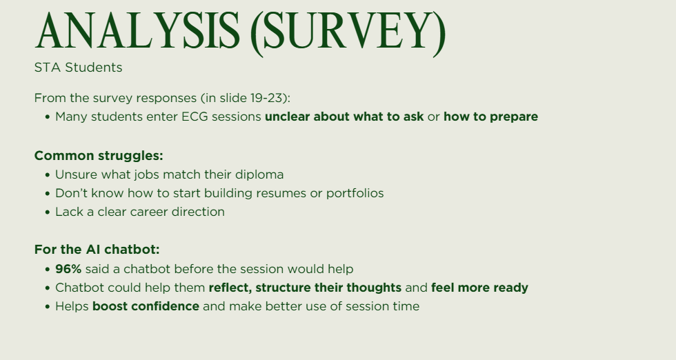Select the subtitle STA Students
click(78, 68)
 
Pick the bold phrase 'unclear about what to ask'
click(344, 117)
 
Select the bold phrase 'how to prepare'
click(490, 117)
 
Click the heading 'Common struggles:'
click(99, 156)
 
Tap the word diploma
click(259, 174)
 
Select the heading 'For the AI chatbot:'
click(97, 250)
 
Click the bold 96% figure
click(68, 268)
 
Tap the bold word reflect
click(231, 287)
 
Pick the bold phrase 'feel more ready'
click(479, 287)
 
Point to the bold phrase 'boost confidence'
click(146, 306)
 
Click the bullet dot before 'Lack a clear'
click(48, 212)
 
